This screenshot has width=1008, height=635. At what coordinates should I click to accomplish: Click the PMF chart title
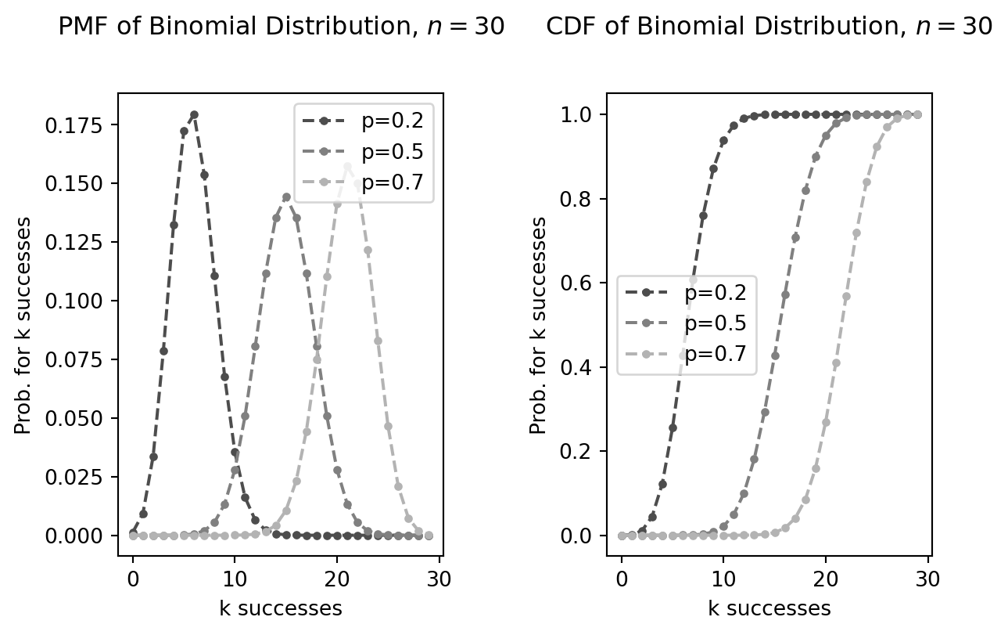[282, 27]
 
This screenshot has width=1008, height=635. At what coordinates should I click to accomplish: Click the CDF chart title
[769, 27]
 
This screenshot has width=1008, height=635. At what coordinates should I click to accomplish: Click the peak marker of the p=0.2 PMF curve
[194, 114]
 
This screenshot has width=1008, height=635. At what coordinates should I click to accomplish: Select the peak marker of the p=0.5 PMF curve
[286, 197]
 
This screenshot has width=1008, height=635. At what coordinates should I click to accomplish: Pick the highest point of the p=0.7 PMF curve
[347, 166]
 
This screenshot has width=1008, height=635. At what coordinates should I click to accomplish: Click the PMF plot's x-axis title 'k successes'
[281, 608]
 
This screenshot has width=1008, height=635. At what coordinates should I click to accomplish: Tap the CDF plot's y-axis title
[539, 325]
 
